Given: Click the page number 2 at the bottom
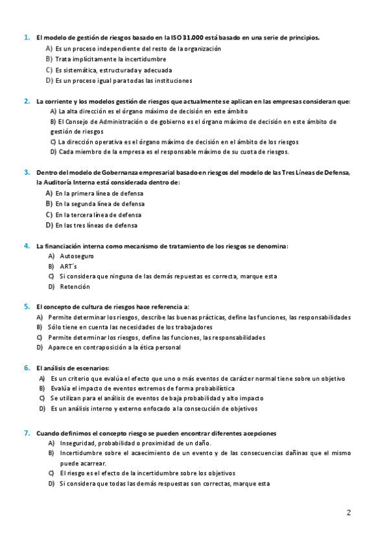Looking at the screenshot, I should tap(349, 513).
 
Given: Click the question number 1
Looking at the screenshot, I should tap(27, 38).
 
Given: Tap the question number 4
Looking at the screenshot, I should tap(27, 246).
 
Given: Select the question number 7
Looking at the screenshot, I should tap(27, 432).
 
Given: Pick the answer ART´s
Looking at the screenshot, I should tap(69, 266).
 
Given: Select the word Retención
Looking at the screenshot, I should tap(75, 286).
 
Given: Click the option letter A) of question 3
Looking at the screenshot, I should tap(49, 194).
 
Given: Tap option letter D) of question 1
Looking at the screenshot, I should tap(49, 80).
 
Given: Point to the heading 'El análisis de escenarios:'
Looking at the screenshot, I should tap(73, 368).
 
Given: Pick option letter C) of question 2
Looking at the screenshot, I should tap(53, 142).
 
